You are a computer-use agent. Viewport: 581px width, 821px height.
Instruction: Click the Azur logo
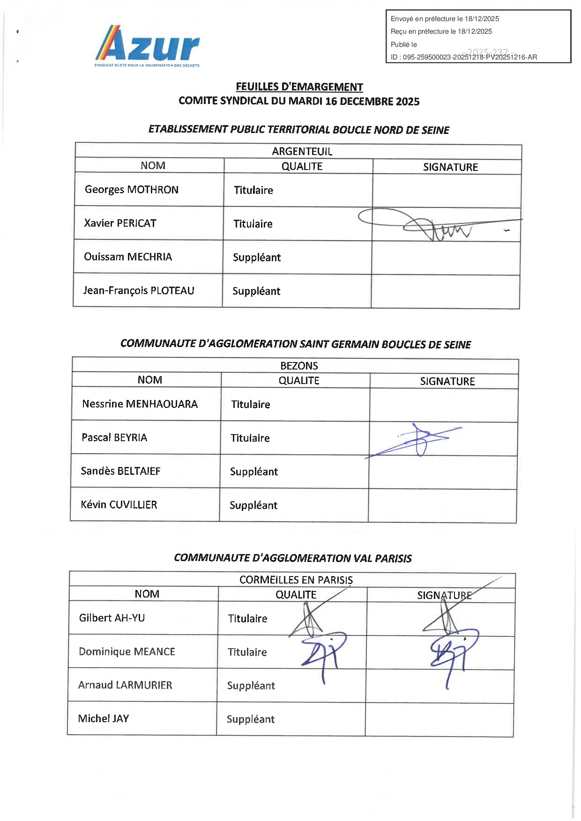pyautogui.click(x=147, y=46)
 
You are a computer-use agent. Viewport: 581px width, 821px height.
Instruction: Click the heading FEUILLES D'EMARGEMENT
pyautogui.click(x=299, y=87)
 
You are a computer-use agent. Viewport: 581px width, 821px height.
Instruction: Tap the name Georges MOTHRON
pyautogui.click(x=132, y=190)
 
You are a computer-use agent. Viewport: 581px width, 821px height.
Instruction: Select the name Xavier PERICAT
pyautogui.click(x=120, y=223)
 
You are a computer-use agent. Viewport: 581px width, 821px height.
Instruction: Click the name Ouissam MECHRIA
pyautogui.click(x=128, y=257)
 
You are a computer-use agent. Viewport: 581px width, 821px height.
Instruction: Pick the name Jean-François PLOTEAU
pyautogui.click(x=139, y=291)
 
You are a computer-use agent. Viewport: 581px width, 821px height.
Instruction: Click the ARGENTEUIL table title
pyautogui.click(x=302, y=151)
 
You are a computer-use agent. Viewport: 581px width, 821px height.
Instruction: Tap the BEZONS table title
pyautogui.click(x=299, y=366)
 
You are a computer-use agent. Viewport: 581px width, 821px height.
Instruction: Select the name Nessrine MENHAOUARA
pyautogui.click(x=140, y=404)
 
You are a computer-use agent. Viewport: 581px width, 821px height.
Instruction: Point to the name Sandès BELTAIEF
pyautogui.click(x=120, y=471)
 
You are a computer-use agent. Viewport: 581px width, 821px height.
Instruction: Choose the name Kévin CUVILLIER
pyautogui.click(x=119, y=505)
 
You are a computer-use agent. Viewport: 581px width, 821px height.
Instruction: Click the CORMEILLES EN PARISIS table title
pyautogui.click(x=296, y=580)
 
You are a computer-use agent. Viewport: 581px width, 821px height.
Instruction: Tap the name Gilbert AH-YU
pyautogui.click(x=112, y=618)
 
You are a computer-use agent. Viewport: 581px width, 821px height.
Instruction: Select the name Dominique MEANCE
pyautogui.click(x=127, y=652)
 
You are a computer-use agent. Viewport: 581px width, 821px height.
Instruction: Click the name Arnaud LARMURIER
pyautogui.click(x=125, y=685)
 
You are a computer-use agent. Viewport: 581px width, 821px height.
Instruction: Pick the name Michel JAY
pyautogui.click(x=104, y=719)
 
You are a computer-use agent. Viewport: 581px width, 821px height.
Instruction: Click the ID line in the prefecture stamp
pyautogui.click(x=464, y=57)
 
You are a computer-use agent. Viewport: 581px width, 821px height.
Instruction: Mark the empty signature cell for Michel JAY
pyautogui.click(x=439, y=720)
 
